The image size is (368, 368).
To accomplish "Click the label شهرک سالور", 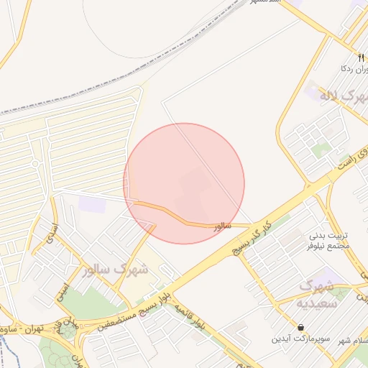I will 115,271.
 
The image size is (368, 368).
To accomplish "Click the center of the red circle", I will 184,183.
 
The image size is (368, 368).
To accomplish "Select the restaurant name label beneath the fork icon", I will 351,69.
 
